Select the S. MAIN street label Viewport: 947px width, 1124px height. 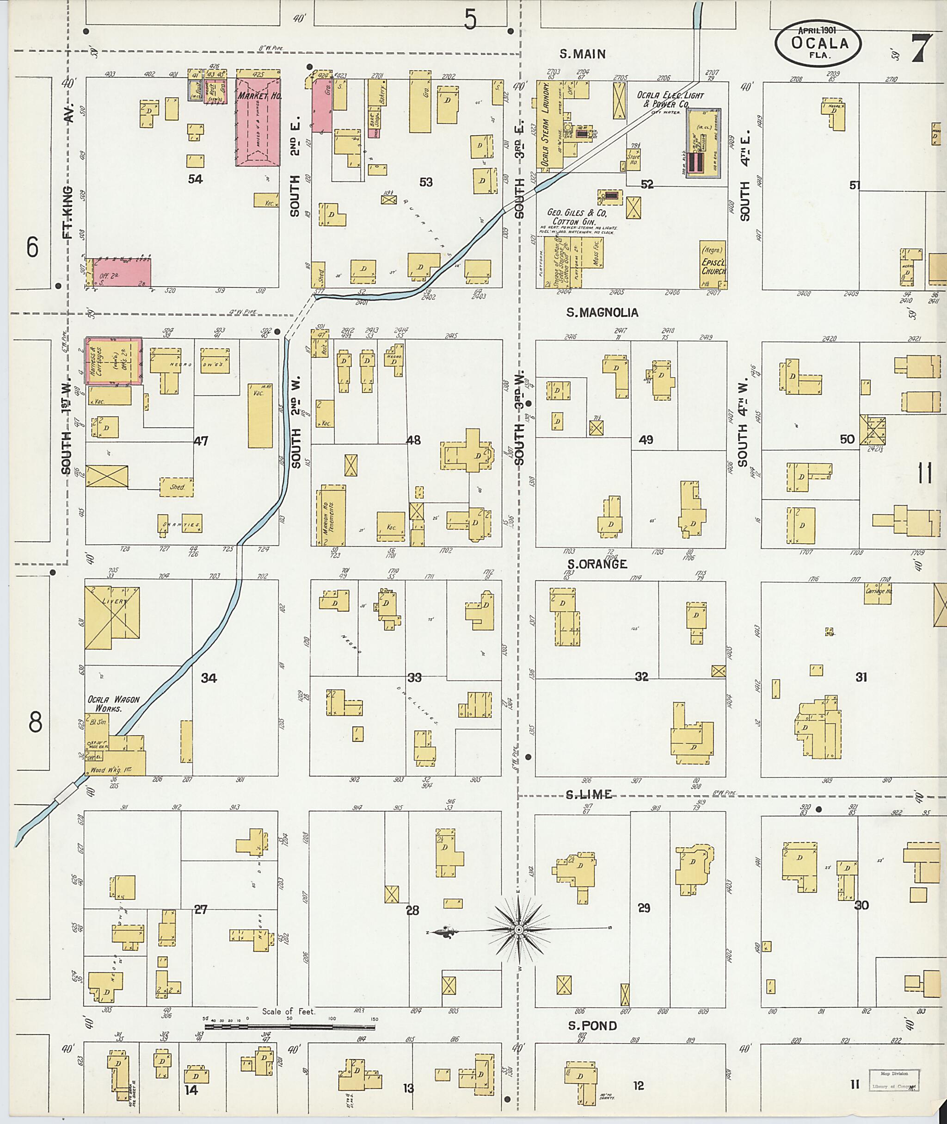coord(583,54)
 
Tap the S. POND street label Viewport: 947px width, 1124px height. coord(593,1026)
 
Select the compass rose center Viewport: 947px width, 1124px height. coord(519,930)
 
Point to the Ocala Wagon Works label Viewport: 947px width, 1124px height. coord(113,704)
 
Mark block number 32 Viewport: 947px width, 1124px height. coord(641,677)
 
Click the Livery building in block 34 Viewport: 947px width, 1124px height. coord(112,617)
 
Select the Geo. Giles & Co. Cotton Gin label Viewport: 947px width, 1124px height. coord(577,217)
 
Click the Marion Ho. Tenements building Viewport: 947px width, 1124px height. coord(333,515)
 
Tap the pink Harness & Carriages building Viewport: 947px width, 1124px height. coord(114,360)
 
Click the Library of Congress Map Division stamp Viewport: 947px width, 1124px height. coord(894,1080)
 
